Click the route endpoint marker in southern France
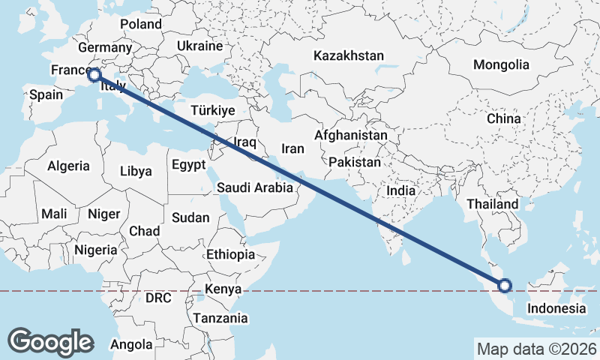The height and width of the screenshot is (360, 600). pos(94,74)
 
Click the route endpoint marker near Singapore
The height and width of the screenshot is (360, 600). pos(505,285)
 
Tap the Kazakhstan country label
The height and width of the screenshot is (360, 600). pos(349,55)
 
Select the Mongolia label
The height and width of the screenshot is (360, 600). pos(501,64)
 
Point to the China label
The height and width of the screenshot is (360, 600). pos(503,118)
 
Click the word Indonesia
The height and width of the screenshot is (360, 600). pos(556,308)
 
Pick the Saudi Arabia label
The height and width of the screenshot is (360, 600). pos(255,187)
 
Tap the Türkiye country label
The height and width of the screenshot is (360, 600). pos(213,110)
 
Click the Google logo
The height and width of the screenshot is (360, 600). pos(50,341)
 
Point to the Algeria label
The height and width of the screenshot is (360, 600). pos(68,166)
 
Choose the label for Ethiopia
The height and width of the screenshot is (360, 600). pos(231,254)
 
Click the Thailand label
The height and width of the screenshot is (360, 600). pos(492,204)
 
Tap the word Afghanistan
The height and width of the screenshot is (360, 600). pos(351,136)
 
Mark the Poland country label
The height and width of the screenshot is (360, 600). pos(140,24)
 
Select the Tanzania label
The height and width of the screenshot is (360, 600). pos(220,318)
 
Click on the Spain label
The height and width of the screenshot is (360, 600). pos(45,95)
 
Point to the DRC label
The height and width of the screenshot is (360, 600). pos(158,298)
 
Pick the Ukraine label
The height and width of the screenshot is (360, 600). pos(200,46)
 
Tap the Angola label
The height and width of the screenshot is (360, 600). pos(130,345)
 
